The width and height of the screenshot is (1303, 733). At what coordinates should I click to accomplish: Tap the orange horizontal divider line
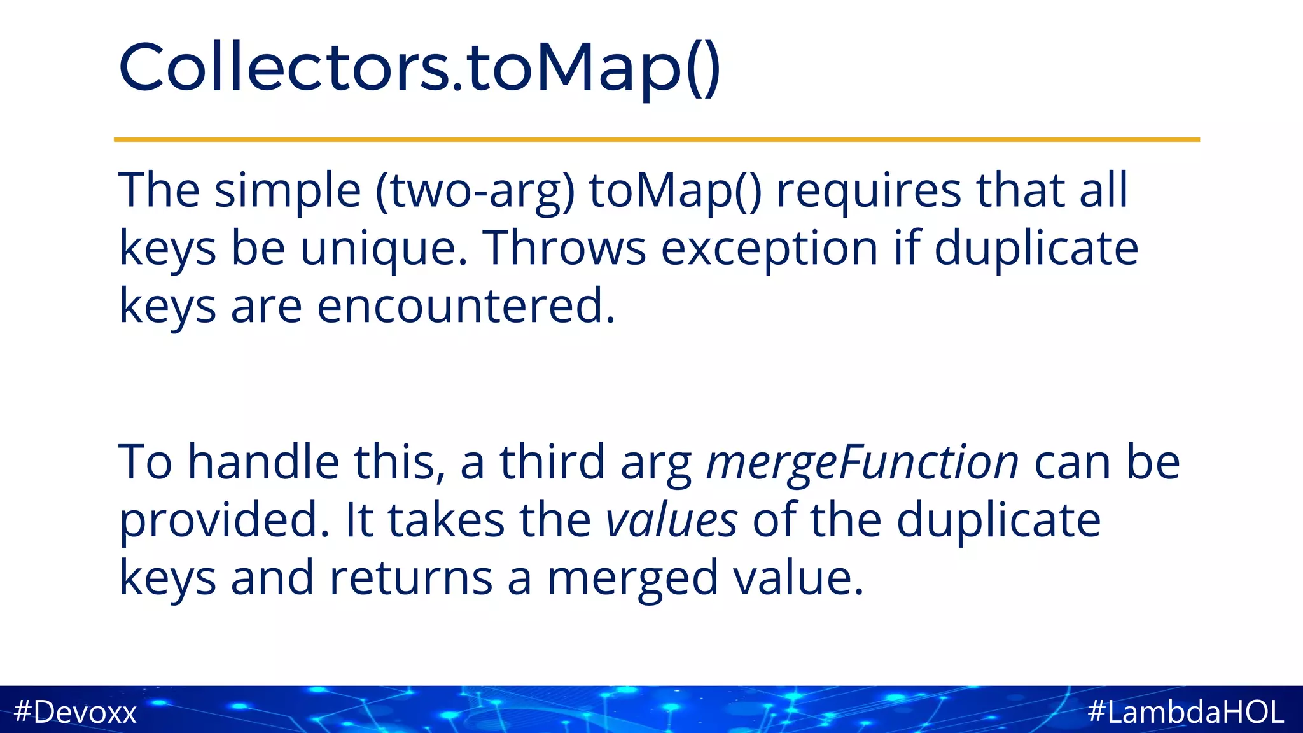coord(657,139)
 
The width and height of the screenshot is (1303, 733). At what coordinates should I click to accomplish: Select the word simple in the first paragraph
coord(288,191)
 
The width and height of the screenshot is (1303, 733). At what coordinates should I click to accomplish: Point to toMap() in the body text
coord(675,191)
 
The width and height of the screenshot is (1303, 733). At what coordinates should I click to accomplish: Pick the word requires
coord(869,191)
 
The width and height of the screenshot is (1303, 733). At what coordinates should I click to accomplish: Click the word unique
coord(384,249)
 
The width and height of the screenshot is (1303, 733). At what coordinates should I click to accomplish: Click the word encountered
coord(466,306)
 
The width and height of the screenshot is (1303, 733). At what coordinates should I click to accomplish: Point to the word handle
coord(263,462)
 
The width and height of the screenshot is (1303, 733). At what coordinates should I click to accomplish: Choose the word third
coord(552,462)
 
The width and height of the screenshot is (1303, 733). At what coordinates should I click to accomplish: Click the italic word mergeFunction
coord(863,463)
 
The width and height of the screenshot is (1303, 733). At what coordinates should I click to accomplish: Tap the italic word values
coord(671,520)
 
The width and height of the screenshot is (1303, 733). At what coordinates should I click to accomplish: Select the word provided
coord(225,520)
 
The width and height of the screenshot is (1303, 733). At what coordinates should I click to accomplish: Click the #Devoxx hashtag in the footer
coord(75,712)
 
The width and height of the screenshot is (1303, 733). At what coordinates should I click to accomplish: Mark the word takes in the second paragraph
coord(446,520)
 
